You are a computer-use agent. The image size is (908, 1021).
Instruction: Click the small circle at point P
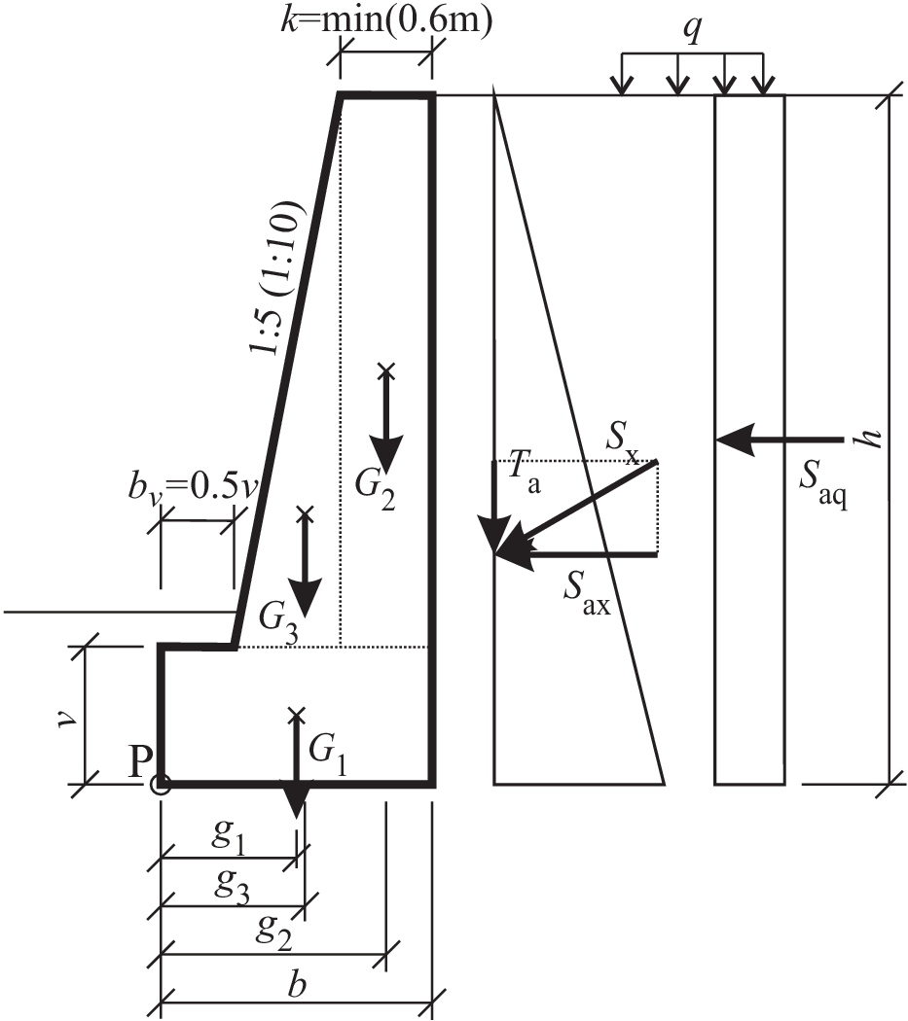[161, 784]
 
